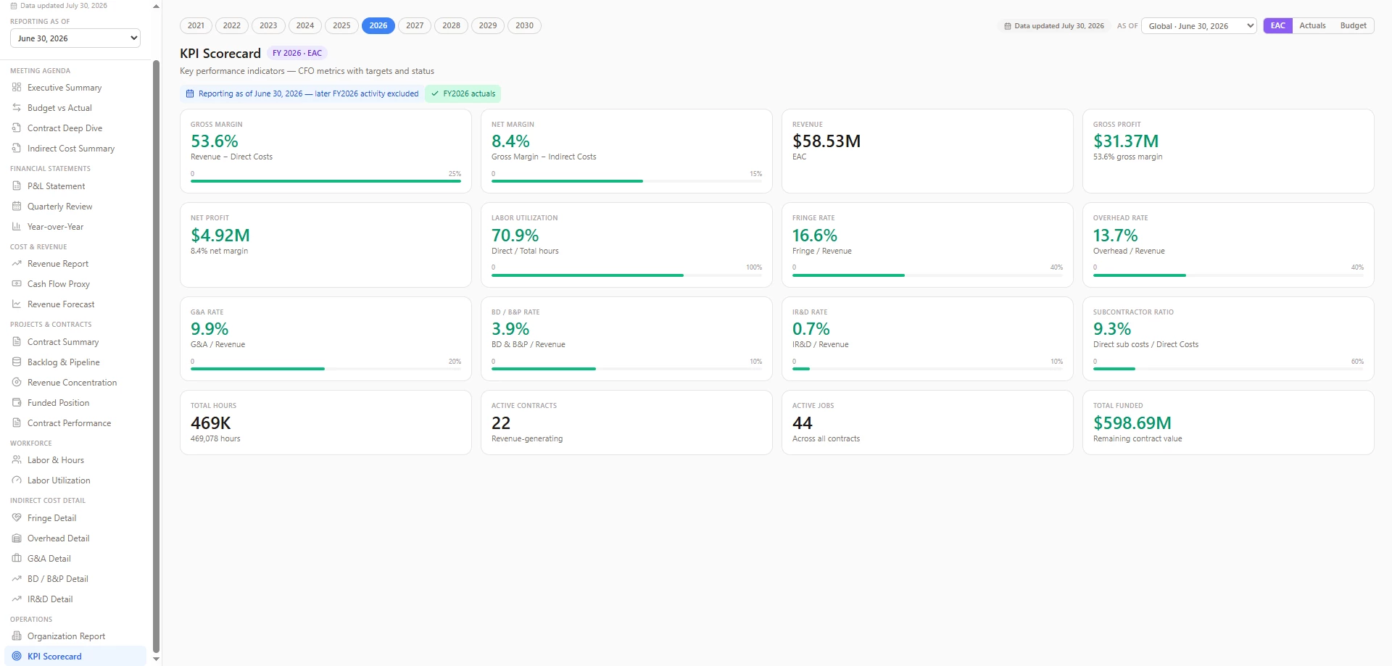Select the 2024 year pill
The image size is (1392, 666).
tap(305, 25)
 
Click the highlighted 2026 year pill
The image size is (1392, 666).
tap(378, 25)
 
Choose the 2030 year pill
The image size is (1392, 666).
tap(524, 25)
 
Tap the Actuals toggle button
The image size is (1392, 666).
tap(1312, 25)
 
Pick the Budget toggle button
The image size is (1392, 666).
tap(1353, 25)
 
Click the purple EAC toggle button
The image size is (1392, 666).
tap(1277, 25)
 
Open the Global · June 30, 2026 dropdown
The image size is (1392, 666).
tap(1199, 26)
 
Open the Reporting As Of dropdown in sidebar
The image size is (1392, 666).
tap(75, 38)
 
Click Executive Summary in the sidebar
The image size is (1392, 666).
tap(65, 88)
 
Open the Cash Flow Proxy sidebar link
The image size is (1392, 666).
tap(59, 284)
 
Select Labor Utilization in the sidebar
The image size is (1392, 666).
tap(59, 480)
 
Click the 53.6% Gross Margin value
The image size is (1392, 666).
tap(215, 141)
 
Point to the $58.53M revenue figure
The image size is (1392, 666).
tap(826, 141)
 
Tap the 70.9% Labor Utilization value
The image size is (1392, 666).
tap(515, 236)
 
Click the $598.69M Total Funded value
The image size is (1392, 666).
tap(1132, 423)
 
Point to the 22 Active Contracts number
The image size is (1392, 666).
tap(501, 423)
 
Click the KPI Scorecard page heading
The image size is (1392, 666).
tap(220, 54)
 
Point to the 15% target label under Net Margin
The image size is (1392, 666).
tap(755, 174)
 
